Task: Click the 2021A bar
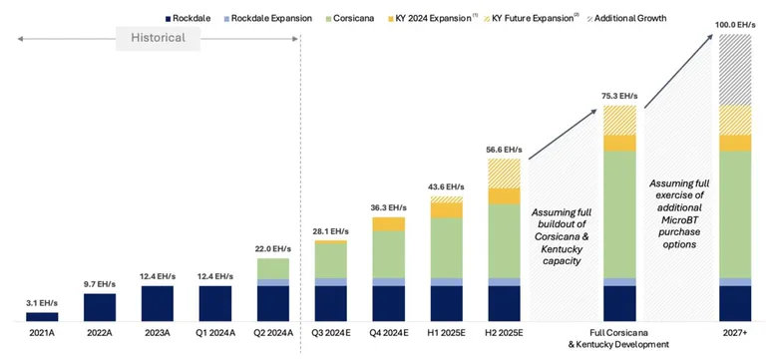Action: click(42, 316)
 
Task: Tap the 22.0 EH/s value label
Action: click(272, 249)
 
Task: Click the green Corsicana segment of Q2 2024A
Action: click(272, 268)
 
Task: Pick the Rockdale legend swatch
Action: click(168, 19)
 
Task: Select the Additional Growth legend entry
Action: click(625, 19)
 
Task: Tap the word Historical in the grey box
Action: click(158, 38)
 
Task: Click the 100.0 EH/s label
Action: click(735, 24)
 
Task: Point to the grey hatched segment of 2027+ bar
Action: click(735, 70)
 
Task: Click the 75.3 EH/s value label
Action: click(620, 96)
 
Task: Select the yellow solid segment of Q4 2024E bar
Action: click(388, 223)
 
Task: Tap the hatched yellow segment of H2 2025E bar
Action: click(504, 174)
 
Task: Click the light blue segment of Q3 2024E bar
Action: click(331, 282)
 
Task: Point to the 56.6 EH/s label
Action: click(504, 149)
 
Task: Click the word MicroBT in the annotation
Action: click(679, 218)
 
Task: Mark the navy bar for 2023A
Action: click(158, 303)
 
